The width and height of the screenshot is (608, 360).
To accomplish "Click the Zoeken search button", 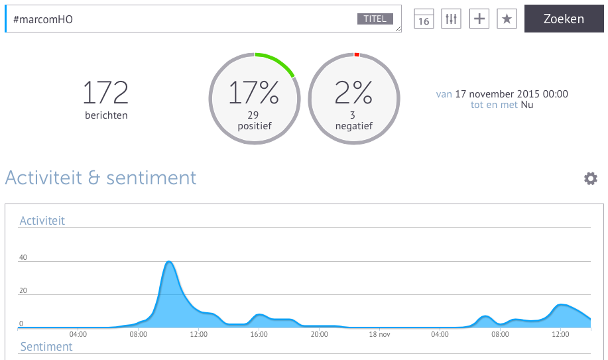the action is [x=564, y=19].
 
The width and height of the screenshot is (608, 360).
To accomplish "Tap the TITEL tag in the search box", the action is [x=375, y=19].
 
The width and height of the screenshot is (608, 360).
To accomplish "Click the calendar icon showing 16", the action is [x=424, y=19].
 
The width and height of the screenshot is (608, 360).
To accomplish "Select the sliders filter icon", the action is [x=452, y=19].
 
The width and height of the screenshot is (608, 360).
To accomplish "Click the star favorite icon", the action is [x=507, y=19].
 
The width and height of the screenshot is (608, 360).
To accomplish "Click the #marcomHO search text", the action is [x=43, y=19].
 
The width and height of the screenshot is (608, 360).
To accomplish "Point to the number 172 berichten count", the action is [x=105, y=93].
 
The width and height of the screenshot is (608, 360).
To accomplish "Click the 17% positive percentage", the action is [x=253, y=93].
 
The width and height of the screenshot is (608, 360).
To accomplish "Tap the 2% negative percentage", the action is [x=353, y=93].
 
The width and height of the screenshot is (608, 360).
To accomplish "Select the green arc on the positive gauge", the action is [x=278, y=62].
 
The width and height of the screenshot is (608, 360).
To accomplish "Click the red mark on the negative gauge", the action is [x=357, y=55].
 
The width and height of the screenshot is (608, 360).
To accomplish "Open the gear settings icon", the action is [x=591, y=178].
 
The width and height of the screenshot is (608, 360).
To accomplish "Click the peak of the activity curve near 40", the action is [x=168, y=261].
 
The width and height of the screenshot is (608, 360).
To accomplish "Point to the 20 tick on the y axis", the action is [x=23, y=290].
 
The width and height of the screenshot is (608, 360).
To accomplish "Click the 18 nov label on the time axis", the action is [x=379, y=334].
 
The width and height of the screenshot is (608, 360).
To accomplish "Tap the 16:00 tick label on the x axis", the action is [x=259, y=334].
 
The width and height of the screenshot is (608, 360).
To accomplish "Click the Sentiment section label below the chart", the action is [x=46, y=347].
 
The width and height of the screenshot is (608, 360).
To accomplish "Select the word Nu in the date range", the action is [x=527, y=105].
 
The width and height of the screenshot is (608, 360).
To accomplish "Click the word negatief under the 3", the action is [x=353, y=126].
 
